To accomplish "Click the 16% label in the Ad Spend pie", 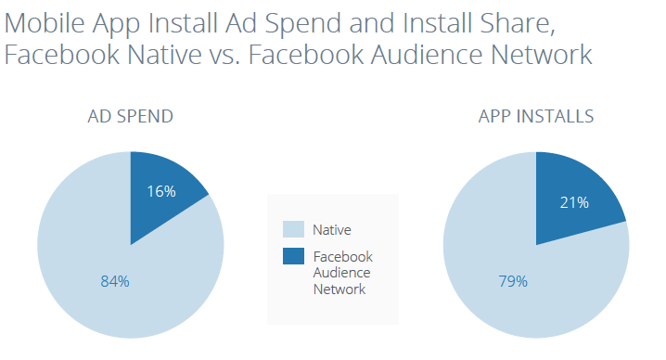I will tap(161, 192).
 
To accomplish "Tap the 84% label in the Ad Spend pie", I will tap(114, 281).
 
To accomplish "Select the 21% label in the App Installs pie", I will tap(573, 202).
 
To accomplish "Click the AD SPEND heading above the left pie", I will tap(130, 117).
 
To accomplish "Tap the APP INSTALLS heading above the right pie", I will tap(536, 117).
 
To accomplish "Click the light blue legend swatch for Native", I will tap(292, 229).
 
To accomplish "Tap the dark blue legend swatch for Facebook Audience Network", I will tap(292, 257).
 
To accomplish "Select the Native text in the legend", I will tap(332, 229).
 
